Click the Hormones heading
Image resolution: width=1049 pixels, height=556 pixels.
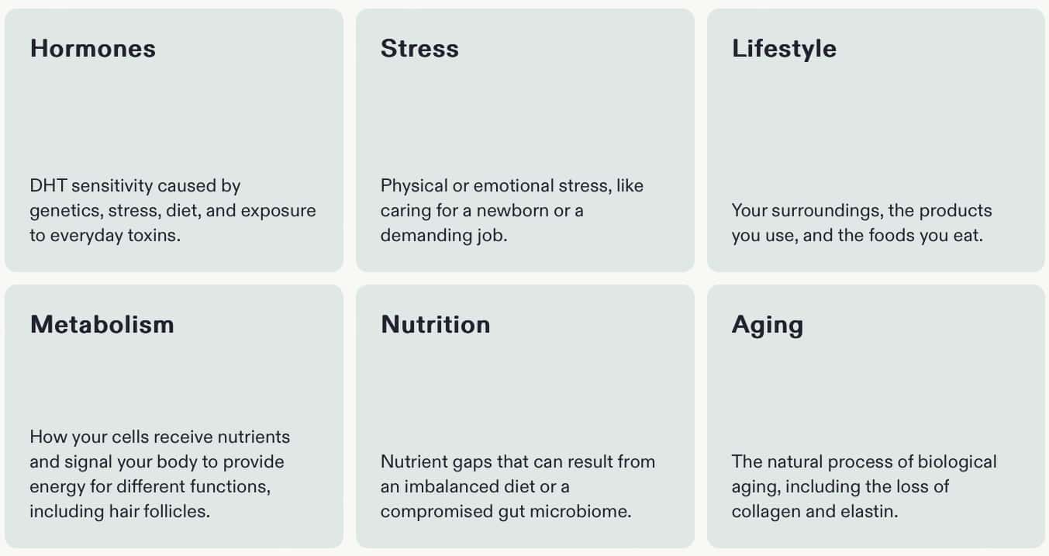(x=93, y=49)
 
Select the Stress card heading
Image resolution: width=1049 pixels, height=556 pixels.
(x=419, y=49)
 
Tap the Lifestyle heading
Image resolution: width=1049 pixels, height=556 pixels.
(x=784, y=50)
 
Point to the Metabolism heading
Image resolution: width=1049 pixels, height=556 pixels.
(x=102, y=325)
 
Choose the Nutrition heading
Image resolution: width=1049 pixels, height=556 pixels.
(x=436, y=325)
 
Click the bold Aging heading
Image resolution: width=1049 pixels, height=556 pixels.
(x=768, y=326)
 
